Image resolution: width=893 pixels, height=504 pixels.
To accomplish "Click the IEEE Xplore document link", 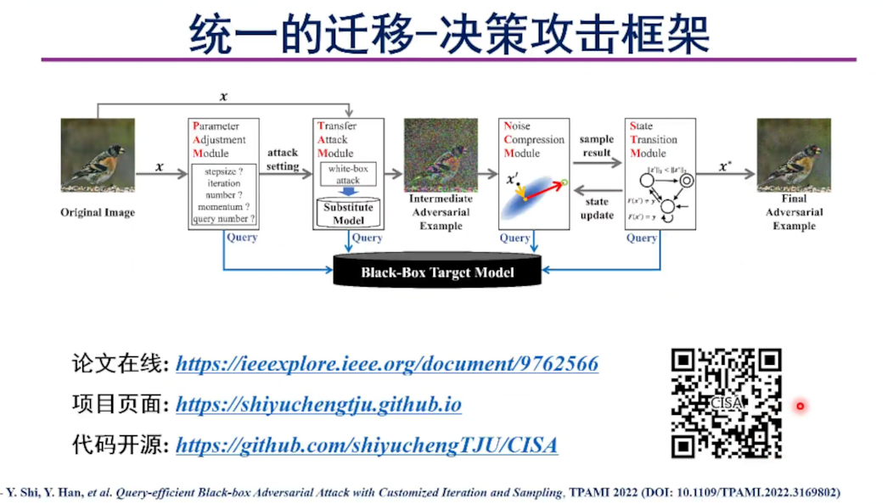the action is tap(386, 365).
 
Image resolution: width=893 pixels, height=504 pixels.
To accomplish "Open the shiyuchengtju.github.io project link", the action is tap(318, 405).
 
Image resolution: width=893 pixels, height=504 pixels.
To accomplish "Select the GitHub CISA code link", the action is tap(366, 445).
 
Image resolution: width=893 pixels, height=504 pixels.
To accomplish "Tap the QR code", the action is tap(726, 403).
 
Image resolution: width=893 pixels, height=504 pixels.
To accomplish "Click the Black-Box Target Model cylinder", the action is tap(437, 272).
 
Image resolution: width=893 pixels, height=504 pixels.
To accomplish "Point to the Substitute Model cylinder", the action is tap(349, 213).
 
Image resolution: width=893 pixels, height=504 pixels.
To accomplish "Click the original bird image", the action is tap(98, 155).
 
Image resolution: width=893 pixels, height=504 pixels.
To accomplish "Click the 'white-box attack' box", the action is tap(349, 175).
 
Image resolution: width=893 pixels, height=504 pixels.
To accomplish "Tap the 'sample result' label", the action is tap(597, 146).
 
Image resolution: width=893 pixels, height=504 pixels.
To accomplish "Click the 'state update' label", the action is tap(597, 208).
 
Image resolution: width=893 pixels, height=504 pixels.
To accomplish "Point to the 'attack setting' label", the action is tap(283, 160).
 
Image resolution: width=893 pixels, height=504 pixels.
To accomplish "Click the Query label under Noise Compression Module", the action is tap(515, 238).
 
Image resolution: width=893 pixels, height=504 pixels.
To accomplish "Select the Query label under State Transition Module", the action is tap(642, 238).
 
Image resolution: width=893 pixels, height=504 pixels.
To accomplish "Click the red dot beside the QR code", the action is tap(800, 406).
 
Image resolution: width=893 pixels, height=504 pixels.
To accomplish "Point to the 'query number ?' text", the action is tap(224, 219).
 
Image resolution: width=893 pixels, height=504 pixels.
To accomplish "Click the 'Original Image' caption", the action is tap(98, 212).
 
